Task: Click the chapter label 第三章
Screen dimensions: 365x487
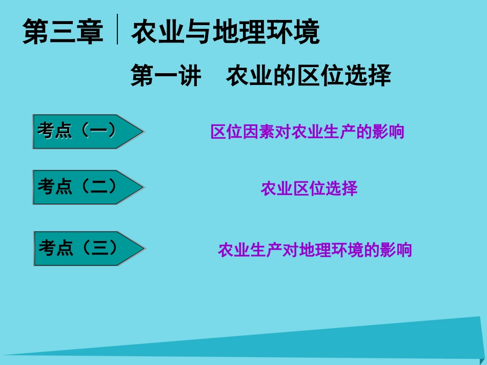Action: (63, 32)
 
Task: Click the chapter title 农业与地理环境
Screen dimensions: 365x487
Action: (226, 32)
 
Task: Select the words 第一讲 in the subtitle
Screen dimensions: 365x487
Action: (166, 76)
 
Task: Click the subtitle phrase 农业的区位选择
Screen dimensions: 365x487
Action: (309, 76)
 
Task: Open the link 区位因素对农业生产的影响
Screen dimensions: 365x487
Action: (308, 132)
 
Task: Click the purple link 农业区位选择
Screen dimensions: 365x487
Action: (309, 189)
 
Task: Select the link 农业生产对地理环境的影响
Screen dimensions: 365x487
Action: (315, 250)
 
